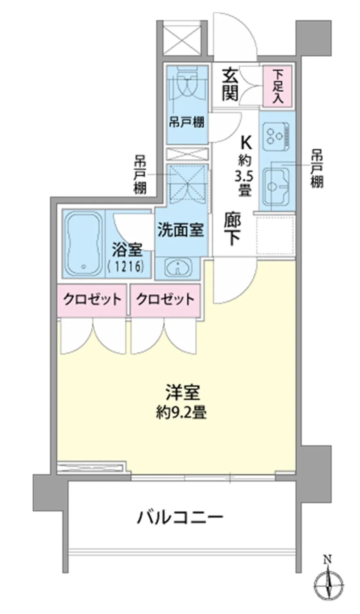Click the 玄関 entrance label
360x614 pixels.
tap(230, 85)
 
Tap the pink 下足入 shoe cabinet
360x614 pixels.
tap(277, 86)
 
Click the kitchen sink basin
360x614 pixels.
tap(276, 187)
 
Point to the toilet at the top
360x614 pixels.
tap(187, 83)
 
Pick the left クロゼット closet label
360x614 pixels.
tap(92, 299)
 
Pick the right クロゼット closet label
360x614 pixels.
tap(165, 299)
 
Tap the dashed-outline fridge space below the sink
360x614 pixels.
tap(276, 235)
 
